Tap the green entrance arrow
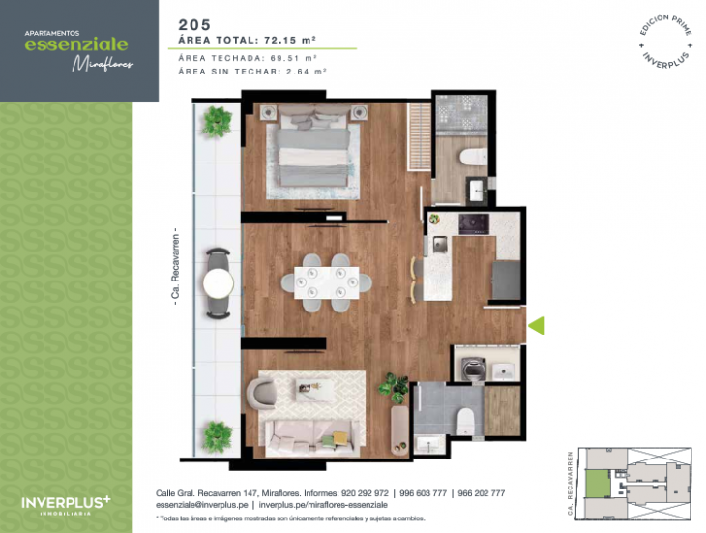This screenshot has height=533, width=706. pos(537,327)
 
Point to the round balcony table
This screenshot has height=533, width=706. pos(219,282)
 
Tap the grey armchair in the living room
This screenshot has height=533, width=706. pos(263,394)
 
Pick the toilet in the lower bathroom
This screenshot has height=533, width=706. pos(464,419)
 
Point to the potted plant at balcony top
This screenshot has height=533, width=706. pos(218,121)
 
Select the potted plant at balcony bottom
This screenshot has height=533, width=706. pos(218,432)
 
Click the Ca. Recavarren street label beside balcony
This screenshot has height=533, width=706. pos(176,268)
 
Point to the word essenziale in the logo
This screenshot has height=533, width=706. pos(75,44)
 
